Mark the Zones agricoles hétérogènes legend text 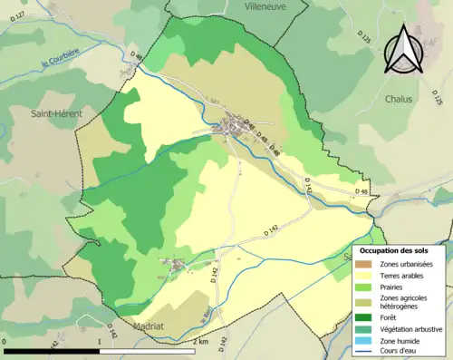point(404,301)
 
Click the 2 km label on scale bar point(200,342)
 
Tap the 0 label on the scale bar point(6,342)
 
